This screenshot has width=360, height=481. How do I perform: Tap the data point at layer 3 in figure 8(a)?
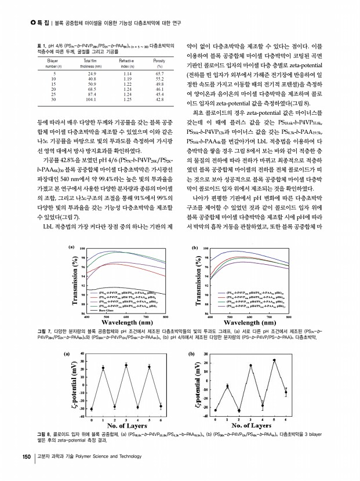(x=126, y=365)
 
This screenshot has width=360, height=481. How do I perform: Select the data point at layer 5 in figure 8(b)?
(x=274, y=360)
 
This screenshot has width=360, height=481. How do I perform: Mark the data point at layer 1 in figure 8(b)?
(x=227, y=386)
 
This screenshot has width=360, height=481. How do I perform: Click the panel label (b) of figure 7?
(x=195, y=247)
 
